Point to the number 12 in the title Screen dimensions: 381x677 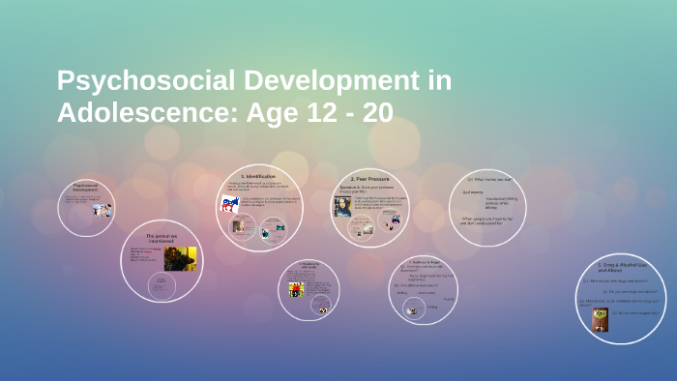[309, 113]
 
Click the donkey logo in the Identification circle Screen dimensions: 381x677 [230, 204]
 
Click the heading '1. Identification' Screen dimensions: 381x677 [258, 176]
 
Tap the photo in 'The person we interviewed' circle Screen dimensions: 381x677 [180, 258]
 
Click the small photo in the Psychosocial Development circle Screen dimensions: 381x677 [101, 209]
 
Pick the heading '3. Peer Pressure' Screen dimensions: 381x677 [369, 179]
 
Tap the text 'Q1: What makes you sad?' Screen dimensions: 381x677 [488, 179]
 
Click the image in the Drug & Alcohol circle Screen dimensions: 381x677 [601, 319]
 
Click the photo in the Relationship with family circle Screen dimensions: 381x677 [296, 289]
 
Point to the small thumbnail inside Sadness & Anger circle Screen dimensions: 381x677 [412, 310]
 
